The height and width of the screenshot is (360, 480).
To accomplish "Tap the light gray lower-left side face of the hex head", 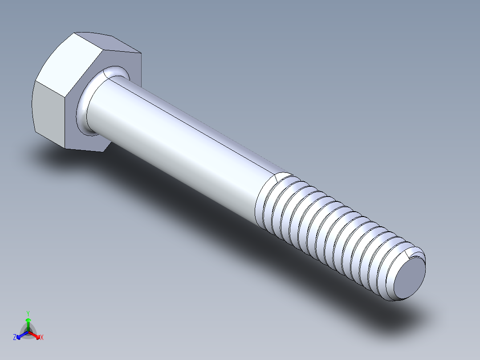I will [49, 111].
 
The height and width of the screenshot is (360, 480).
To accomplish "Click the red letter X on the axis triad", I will [42, 338].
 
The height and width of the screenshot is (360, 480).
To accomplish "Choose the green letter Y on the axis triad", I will [28, 313].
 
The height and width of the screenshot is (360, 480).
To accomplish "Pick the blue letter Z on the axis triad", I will [15, 338].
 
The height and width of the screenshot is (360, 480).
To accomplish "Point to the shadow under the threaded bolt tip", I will [401, 321].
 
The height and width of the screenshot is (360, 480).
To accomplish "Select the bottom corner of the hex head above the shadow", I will [66, 147].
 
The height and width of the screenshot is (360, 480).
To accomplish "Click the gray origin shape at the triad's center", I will [28, 332].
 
